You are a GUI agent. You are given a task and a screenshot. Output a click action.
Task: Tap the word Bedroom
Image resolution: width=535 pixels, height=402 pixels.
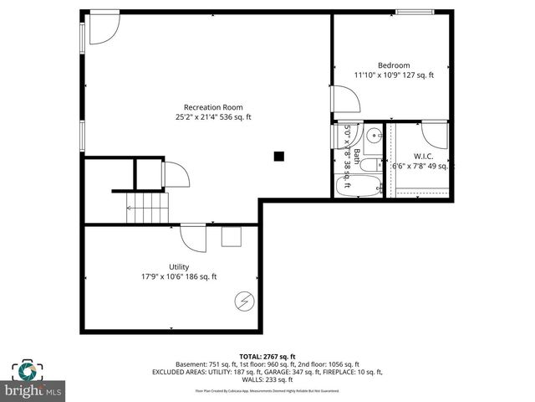point(394,65)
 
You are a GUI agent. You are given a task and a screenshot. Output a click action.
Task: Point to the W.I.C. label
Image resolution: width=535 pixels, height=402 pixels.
point(423,156)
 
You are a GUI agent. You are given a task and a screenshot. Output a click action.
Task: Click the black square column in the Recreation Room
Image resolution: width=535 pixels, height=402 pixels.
point(279,155)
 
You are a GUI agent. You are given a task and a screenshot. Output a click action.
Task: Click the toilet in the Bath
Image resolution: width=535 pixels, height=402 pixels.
point(373,159)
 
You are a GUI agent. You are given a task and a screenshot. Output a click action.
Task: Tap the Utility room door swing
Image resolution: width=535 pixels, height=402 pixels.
point(194,238)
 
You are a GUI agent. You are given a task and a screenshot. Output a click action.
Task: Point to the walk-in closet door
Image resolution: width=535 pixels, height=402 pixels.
point(435,134)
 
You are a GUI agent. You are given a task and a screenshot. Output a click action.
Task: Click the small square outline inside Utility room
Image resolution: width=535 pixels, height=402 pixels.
point(231,236)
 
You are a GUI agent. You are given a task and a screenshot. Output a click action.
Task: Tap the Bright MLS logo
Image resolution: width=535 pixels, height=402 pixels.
point(33,380)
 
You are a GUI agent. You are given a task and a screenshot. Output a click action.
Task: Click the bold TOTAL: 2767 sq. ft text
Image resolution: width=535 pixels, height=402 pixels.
point(267,356)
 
